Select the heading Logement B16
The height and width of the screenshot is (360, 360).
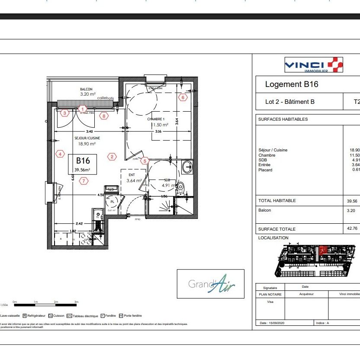[x=291, y=84]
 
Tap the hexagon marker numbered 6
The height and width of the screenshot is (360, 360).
[x=183, y=98]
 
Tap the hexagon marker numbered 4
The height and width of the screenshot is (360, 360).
[x=60, y=154]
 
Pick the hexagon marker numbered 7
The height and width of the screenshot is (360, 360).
[x=84, y=181]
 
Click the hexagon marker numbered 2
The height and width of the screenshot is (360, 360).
[x=112, y=157]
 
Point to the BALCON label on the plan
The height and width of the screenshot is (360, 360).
[x=86, y=89]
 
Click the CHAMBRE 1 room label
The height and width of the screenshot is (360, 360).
[x=156, y=119]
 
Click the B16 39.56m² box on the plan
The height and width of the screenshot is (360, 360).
[x=83, y=164]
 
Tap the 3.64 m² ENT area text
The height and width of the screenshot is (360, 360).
[x=134, y=181]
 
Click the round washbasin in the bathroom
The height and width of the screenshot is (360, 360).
[x=187, y=166]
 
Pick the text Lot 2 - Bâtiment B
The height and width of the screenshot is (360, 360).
[x=289, y=102]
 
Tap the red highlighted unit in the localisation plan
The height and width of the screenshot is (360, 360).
[x=322, y=251]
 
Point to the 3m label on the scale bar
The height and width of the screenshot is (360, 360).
[x=76, y=302]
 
